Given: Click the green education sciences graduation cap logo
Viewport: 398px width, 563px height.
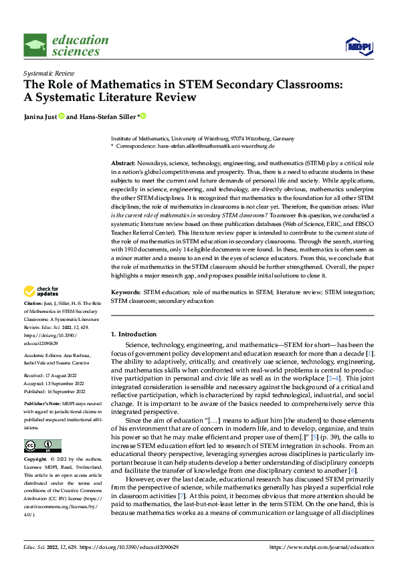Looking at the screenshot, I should click(x=35, y=45).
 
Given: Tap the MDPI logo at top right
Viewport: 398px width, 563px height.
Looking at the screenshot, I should click(x=358, y=45).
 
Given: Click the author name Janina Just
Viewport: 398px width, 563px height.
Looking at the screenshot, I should click(x=39, y=116).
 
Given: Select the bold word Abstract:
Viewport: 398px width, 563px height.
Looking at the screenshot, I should click(x=123, y=164).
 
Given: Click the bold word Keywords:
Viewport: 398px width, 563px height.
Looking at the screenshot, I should click(x=125, y=312).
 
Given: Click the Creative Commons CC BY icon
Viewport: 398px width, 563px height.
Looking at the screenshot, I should click(x=42, y=445).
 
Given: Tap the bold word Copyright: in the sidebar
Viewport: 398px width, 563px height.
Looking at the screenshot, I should click(x=35, y=459).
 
